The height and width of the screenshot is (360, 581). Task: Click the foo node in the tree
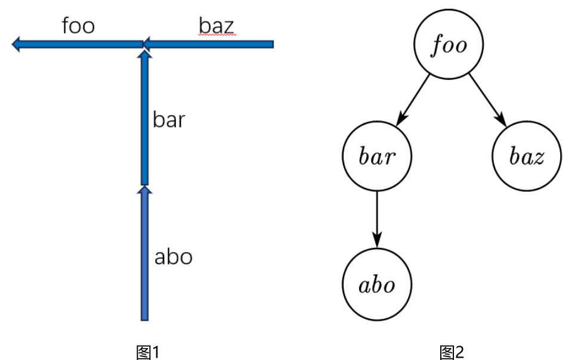point(449,45)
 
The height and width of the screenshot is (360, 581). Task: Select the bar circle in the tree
point(376,156)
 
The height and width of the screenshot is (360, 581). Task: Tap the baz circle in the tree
point(526,156)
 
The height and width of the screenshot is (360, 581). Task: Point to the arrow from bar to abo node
point(376,218)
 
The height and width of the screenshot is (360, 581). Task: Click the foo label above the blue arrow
point(78,26)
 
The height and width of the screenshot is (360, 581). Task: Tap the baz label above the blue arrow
point(216,26)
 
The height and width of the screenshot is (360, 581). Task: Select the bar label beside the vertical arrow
point(169,120)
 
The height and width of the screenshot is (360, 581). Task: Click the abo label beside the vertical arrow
point(173,257)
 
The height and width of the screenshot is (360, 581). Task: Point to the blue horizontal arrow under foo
point(78,44)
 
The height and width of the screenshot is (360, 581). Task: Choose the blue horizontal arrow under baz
point(209,44)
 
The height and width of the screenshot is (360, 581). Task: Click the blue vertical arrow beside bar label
point(144,119)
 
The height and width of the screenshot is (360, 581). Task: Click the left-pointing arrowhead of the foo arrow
point(16,44)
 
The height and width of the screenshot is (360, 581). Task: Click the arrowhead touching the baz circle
point(502,122)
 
